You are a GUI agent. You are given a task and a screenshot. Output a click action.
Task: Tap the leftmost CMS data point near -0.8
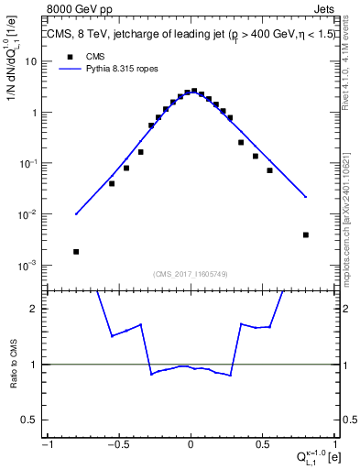pos(76,251)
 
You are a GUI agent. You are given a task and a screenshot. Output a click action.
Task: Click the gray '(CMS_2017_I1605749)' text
pos(191,274)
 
